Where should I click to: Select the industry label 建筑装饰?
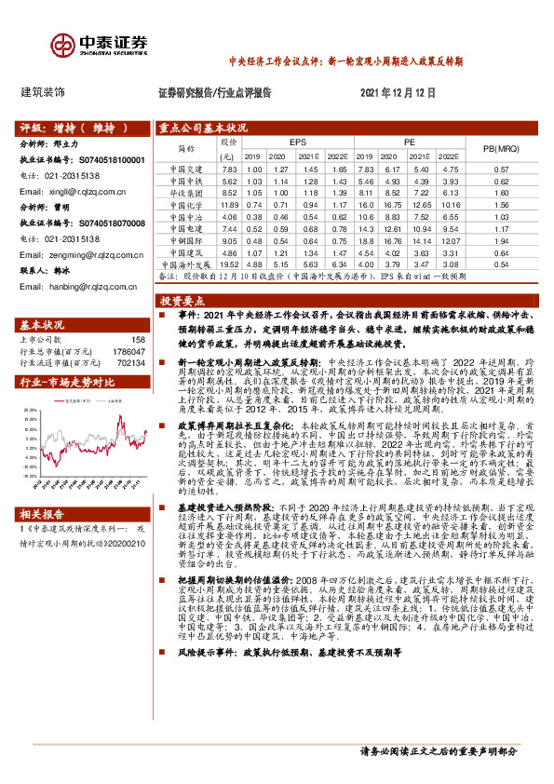[43, 93]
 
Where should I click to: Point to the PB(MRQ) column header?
[500, 149]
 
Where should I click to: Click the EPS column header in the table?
[297, 142]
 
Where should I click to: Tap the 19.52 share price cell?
[229, 265]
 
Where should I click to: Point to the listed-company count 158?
[139, 341]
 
